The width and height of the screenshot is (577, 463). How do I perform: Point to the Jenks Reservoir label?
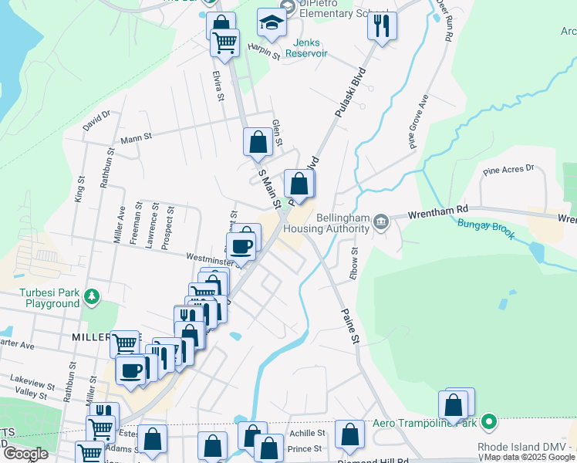click(x=306, y=48)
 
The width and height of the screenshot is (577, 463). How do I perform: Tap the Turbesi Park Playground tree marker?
click(x=92, y=296)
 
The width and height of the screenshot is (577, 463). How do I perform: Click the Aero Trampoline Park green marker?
click(x=488, y=422)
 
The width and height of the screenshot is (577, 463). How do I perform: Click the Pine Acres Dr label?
click(x=508, y=169)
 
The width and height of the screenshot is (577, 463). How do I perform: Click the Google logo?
click(x=25, y=454)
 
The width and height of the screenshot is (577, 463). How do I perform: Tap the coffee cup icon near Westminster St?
click(x=243, y=245)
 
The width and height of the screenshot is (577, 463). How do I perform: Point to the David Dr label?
click(x=97, y=120)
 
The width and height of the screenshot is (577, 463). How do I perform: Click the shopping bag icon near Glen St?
click(x=258, y=142)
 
